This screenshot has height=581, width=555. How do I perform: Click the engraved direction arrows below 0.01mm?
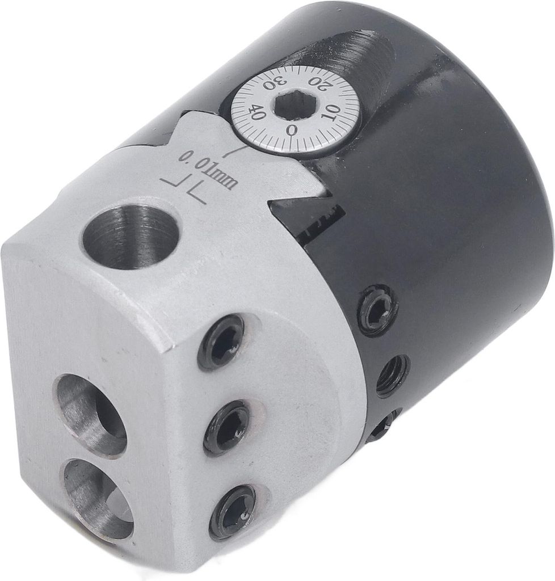(184, 190)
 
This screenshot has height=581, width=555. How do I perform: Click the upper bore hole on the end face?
(92, 414)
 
